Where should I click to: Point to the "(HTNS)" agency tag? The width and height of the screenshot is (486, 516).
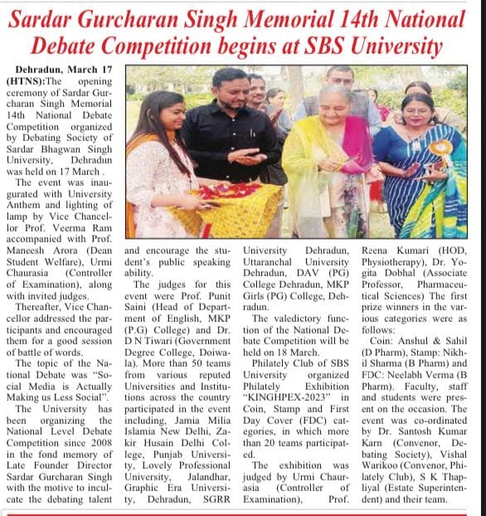pos(25,82)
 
